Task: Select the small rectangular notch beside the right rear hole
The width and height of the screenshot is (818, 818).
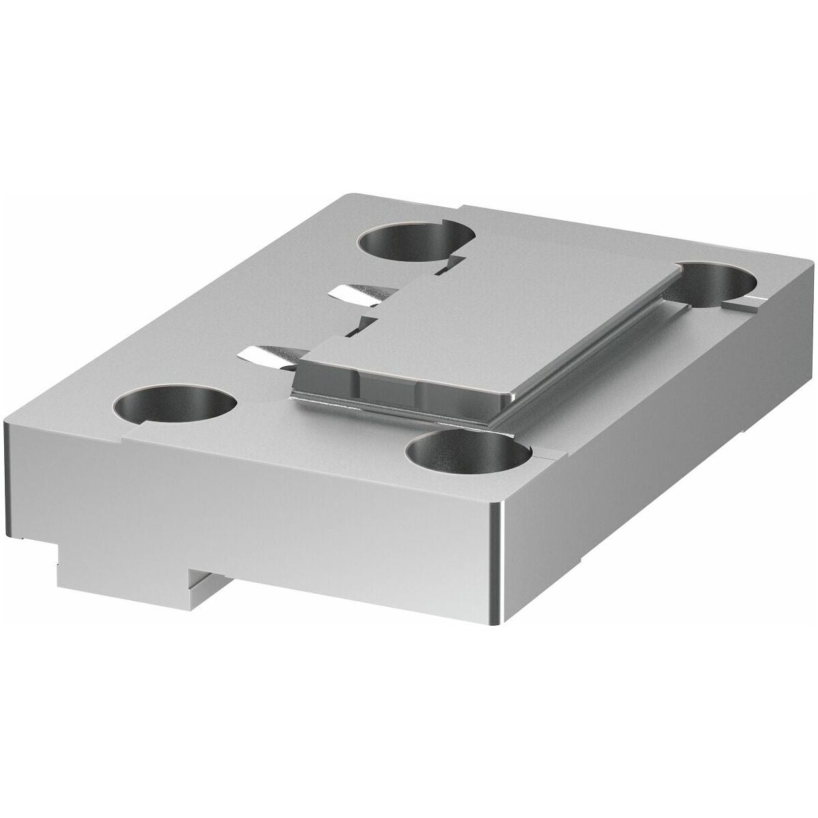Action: point(757,301)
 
